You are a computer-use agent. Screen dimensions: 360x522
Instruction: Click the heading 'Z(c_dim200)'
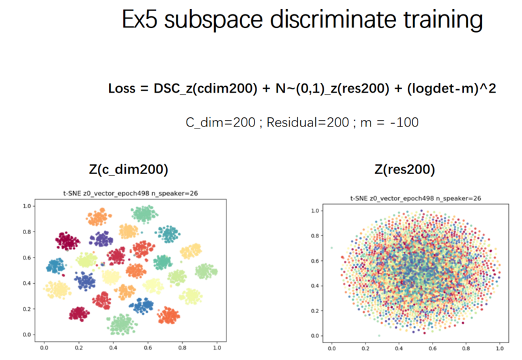(x=129, y=170)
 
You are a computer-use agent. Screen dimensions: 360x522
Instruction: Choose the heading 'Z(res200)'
(x=405, y=170)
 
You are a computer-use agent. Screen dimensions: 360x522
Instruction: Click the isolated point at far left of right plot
(x=331, y=248)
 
